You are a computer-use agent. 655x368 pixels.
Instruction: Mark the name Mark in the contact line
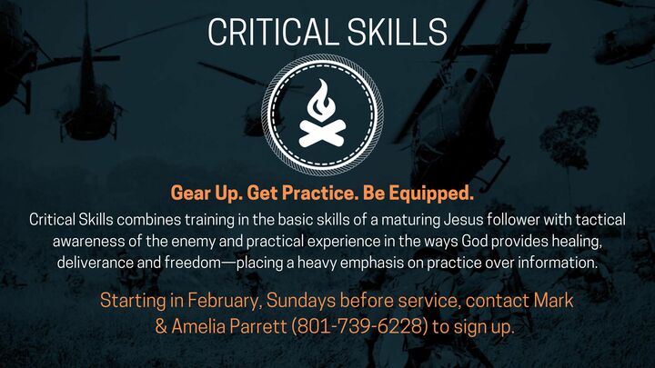point(537,299)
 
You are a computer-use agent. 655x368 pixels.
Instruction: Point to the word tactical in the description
point(591,220)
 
